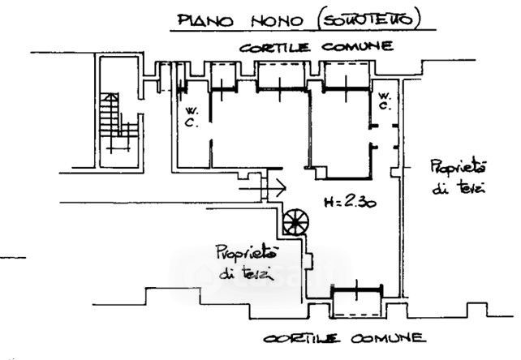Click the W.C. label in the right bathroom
click(385, 100)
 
